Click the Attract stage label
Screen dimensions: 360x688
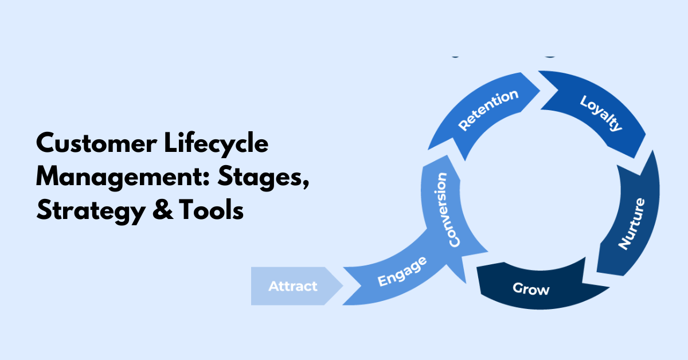[x=292, y=285]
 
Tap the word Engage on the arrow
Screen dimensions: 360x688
[x=402, y=272]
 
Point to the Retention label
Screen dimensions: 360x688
[x=488, y=111]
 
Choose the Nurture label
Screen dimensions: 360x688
[x=632, y=223]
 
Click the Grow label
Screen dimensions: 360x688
[x=531, y=288]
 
